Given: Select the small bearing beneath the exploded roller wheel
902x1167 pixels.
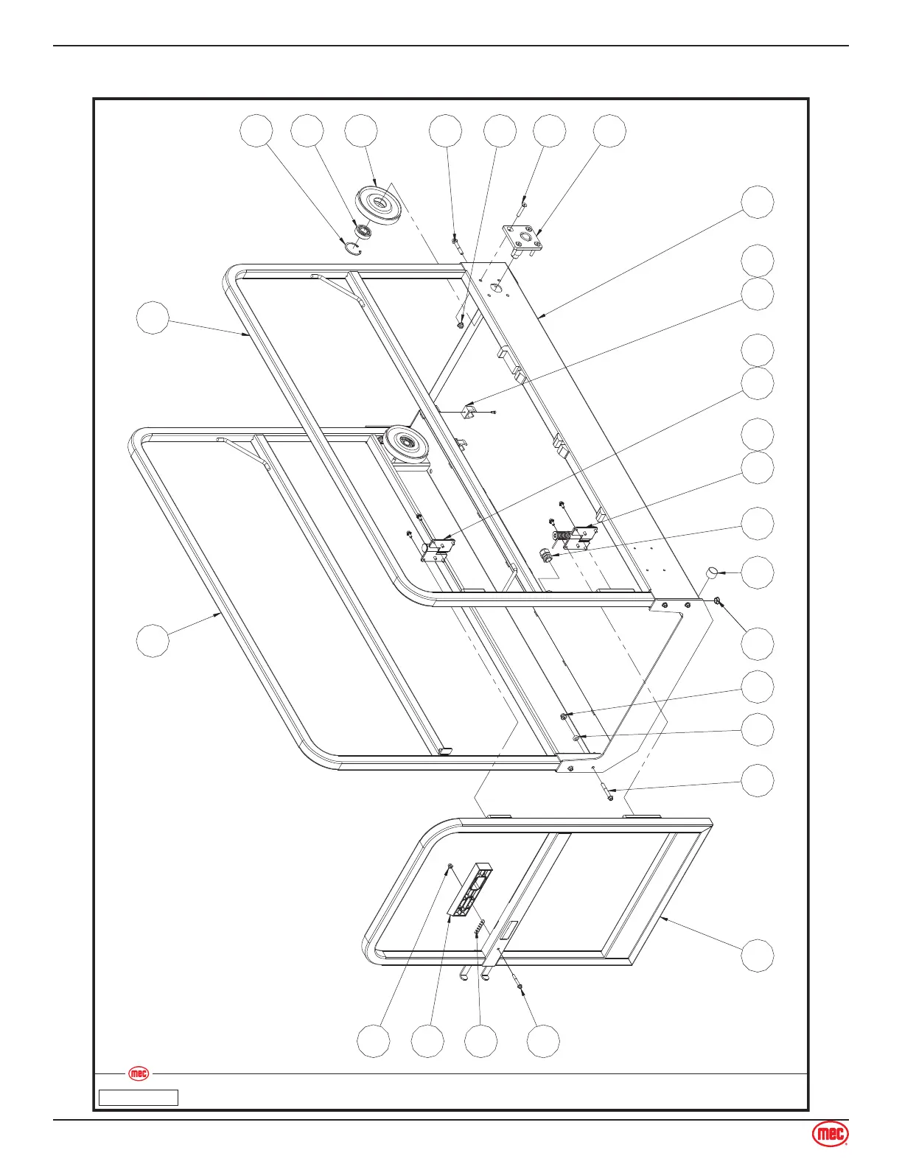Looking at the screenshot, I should (x=362, y=231).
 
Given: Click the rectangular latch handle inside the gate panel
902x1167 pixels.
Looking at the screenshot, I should (x=469, y=890).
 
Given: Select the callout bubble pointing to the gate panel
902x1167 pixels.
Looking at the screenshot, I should (x=758, y=956).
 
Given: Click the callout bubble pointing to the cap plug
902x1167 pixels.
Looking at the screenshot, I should (x=758, y=572).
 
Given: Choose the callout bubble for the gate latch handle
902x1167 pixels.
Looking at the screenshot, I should (x=428, y=1041).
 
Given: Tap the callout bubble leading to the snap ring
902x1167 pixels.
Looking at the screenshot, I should (x=257, y=130).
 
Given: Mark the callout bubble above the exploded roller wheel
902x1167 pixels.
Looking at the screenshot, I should (x=361, y=130).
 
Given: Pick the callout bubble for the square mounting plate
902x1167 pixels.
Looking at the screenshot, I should (x=610, y=130).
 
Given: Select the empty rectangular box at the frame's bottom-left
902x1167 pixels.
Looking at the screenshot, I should (x=139, y=1098).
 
